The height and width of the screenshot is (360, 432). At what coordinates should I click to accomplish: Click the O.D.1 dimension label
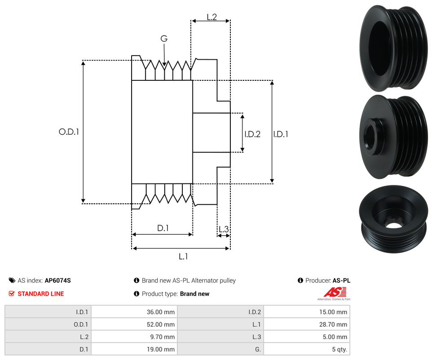[x=69, y=132]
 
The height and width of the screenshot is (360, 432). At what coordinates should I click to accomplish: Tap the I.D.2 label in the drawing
[x=252, y=134]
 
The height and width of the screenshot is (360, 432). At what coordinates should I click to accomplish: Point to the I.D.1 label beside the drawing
[x=281, y=134]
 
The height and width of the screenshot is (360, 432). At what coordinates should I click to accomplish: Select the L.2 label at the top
[x=212, y=17]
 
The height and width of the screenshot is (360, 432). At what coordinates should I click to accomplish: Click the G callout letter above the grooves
[x=164, y=39]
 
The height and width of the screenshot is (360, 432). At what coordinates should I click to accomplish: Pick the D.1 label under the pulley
[x=163, y=228]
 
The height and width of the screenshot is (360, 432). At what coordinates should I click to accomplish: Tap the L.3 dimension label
[x=223, y=230]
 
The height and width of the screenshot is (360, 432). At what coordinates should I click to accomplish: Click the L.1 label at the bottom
[x=183, y=256]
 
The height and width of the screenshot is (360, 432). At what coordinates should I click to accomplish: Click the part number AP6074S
[x=58, y=281]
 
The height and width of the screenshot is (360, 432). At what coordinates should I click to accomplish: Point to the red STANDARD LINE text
[x=40, y=294]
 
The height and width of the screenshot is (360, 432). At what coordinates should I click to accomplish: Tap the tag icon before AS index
[x=12, y=281]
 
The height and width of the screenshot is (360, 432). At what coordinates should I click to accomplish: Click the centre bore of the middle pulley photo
[x=371, y=135]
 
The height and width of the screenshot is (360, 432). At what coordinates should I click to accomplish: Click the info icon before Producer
[x=300, y=281]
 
